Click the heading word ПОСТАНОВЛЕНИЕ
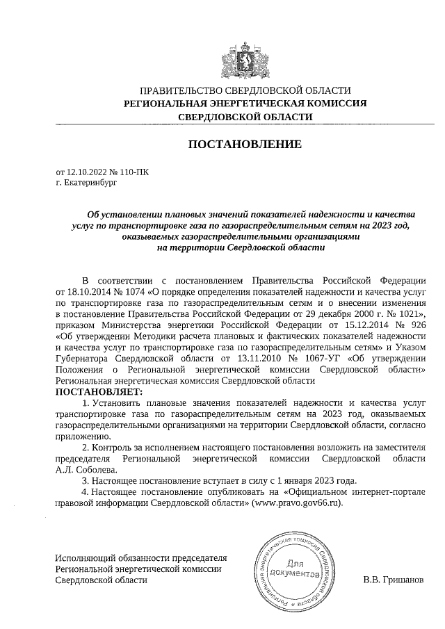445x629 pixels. [245, 145]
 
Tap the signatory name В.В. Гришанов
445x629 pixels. [392, 580]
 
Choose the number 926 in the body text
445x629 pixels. [414, 325]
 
